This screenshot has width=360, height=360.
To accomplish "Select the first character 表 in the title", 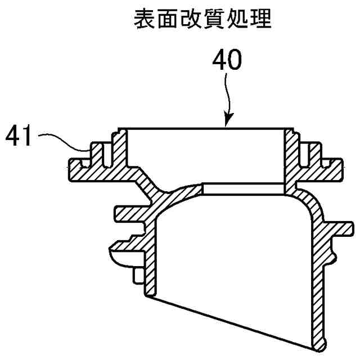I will tap(142, 20).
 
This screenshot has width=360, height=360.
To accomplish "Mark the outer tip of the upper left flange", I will tap(71, 169).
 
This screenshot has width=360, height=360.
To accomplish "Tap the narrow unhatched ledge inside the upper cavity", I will tap(243, 187).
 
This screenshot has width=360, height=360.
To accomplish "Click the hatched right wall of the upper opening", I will tap(290, 157).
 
